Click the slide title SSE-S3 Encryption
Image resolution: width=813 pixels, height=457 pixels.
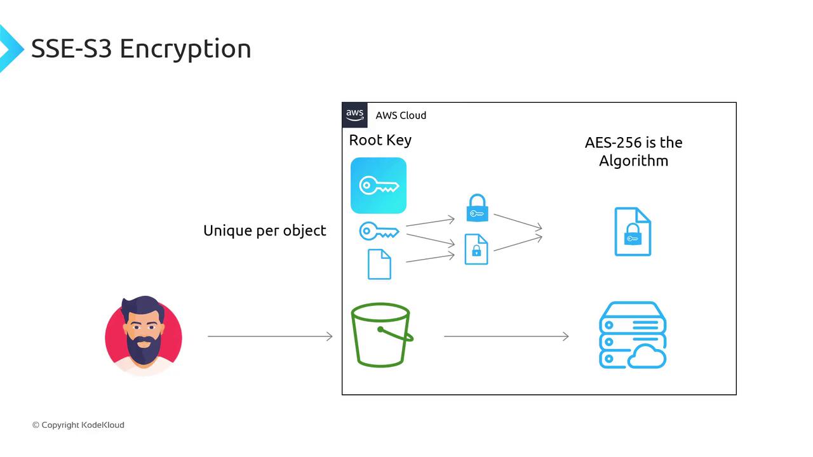click(141, 49)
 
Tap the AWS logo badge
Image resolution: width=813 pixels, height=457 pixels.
click(355, 116)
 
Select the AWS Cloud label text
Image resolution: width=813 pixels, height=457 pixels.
click(401, 116)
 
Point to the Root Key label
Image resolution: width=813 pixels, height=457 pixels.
click(380, 140)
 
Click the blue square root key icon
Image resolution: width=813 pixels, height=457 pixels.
click(379, 185)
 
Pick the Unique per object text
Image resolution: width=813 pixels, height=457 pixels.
click(264, 230)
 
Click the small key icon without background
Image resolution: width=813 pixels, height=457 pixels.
click(379, 232)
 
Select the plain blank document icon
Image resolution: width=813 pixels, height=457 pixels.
click(379, 264)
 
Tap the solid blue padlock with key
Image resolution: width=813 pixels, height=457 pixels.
click(477, 209)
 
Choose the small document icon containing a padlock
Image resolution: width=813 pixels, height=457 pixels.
click(476, 249)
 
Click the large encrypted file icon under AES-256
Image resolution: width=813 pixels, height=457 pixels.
click(633, 232)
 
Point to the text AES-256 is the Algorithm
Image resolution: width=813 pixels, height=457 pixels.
click(633, 151)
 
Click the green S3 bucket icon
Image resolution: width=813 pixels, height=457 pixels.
click(381, 334)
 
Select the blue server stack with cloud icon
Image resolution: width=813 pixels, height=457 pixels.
click(633, 335)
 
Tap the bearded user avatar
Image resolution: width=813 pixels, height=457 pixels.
click(144, 335)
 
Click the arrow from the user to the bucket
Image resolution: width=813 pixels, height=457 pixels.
click(270, 336)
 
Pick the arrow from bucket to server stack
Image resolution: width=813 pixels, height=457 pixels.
click(506, 336)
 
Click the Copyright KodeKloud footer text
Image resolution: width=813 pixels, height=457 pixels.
click(78, 425)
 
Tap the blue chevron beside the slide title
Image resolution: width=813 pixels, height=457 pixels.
click(10, 49)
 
